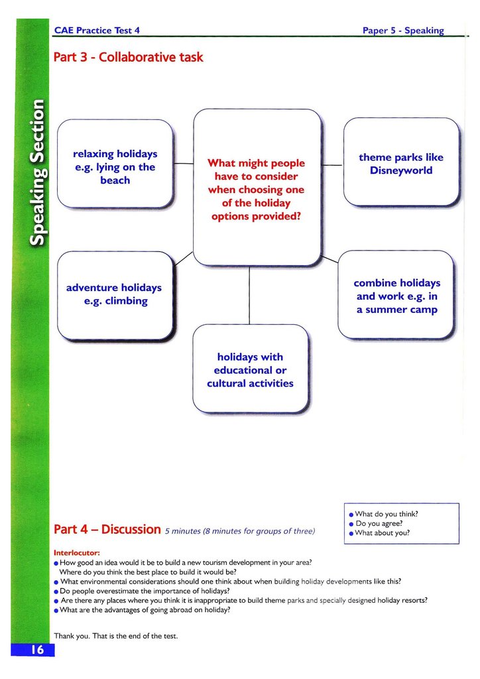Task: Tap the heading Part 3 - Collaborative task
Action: (128, 57)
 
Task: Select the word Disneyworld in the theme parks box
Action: (401, 170)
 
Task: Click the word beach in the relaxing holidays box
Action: (115, 180)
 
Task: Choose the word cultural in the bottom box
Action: (229, 383)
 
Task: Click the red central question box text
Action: (256, 189)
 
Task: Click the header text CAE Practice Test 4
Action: (97, 31)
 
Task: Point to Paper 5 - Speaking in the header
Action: (403, 31)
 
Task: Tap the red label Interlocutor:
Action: (77, 552)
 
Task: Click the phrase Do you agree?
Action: (379, 523)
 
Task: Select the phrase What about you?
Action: (383, 533)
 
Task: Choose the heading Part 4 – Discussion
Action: (107, 530)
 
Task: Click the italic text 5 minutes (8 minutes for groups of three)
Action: (240, 531)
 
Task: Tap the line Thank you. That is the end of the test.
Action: (116, 636)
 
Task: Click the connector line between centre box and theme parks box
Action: (332, 165)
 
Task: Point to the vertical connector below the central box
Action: (249, 295)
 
